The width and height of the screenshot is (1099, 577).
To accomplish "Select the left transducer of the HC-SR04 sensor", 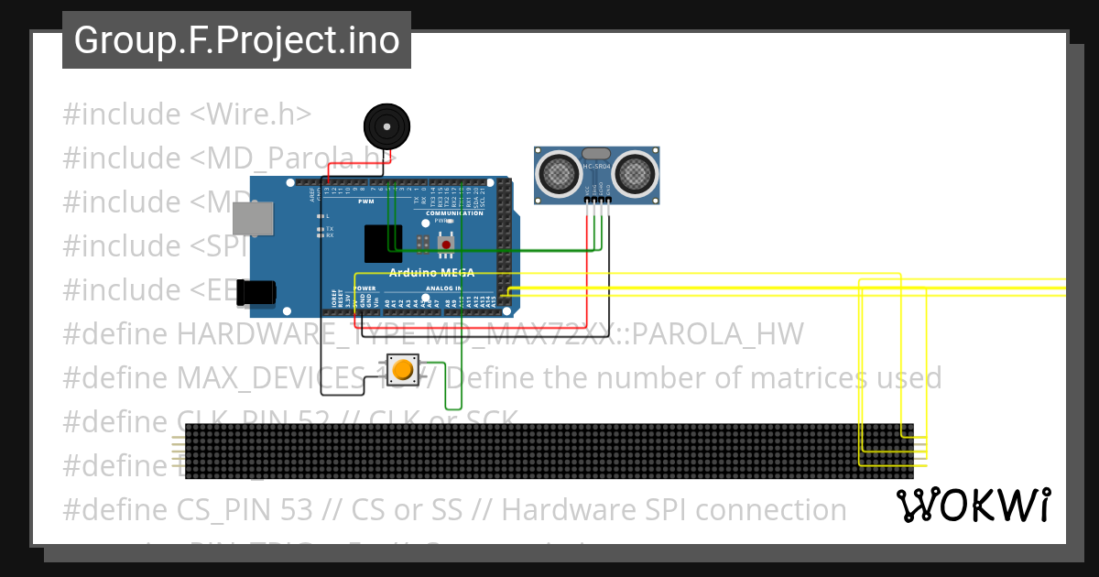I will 557,171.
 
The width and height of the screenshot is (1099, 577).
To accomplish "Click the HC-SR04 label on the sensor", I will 595,166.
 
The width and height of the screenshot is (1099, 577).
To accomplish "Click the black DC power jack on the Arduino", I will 256,292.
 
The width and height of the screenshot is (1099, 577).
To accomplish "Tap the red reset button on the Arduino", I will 446,243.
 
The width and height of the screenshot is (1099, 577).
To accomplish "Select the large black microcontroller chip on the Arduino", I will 383,244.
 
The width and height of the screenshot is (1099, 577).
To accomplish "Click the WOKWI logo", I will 973,506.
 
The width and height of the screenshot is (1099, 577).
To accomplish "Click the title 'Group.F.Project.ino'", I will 236,41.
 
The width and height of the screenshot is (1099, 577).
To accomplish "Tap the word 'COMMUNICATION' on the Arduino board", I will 454,213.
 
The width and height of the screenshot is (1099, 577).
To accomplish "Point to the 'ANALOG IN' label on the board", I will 443,288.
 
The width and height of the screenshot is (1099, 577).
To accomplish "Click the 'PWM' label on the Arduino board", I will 365,201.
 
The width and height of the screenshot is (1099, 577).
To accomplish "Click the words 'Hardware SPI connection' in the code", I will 674,509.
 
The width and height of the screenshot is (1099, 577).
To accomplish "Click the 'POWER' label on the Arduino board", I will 365,288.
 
